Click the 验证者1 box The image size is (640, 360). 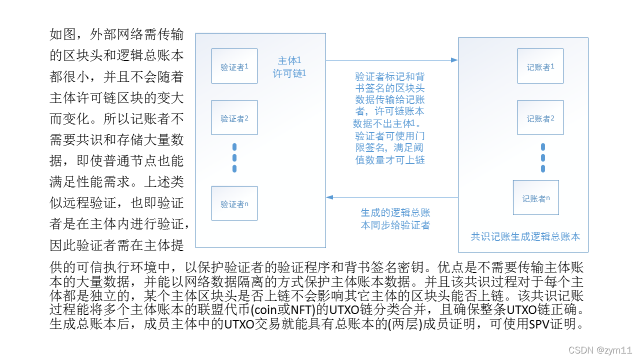pos(234,66)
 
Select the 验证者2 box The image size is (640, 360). pos(234,117)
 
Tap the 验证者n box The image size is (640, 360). pos(234,203)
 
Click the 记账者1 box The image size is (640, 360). pos(540,66)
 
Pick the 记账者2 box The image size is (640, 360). pos(540,117)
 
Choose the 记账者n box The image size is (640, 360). pos(536,197)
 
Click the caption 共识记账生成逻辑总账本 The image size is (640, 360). pos(525,236)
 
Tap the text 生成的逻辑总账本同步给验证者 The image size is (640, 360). pos(395,219)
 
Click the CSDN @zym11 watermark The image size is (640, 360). pos(607,350)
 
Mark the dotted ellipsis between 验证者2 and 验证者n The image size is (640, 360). pos(234,157)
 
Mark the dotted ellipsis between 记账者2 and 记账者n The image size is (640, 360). pos(542,157)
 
